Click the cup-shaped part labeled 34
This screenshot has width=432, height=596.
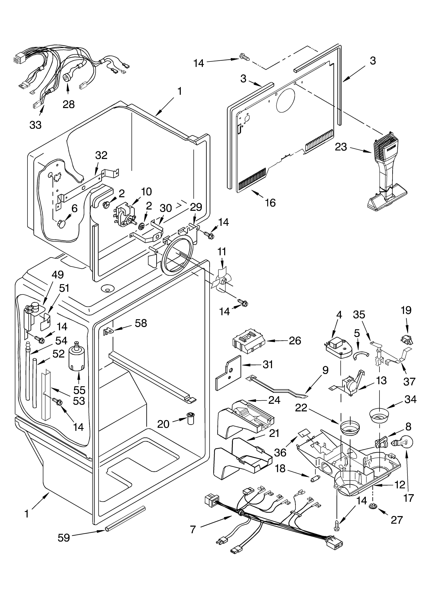coord(379,416)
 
